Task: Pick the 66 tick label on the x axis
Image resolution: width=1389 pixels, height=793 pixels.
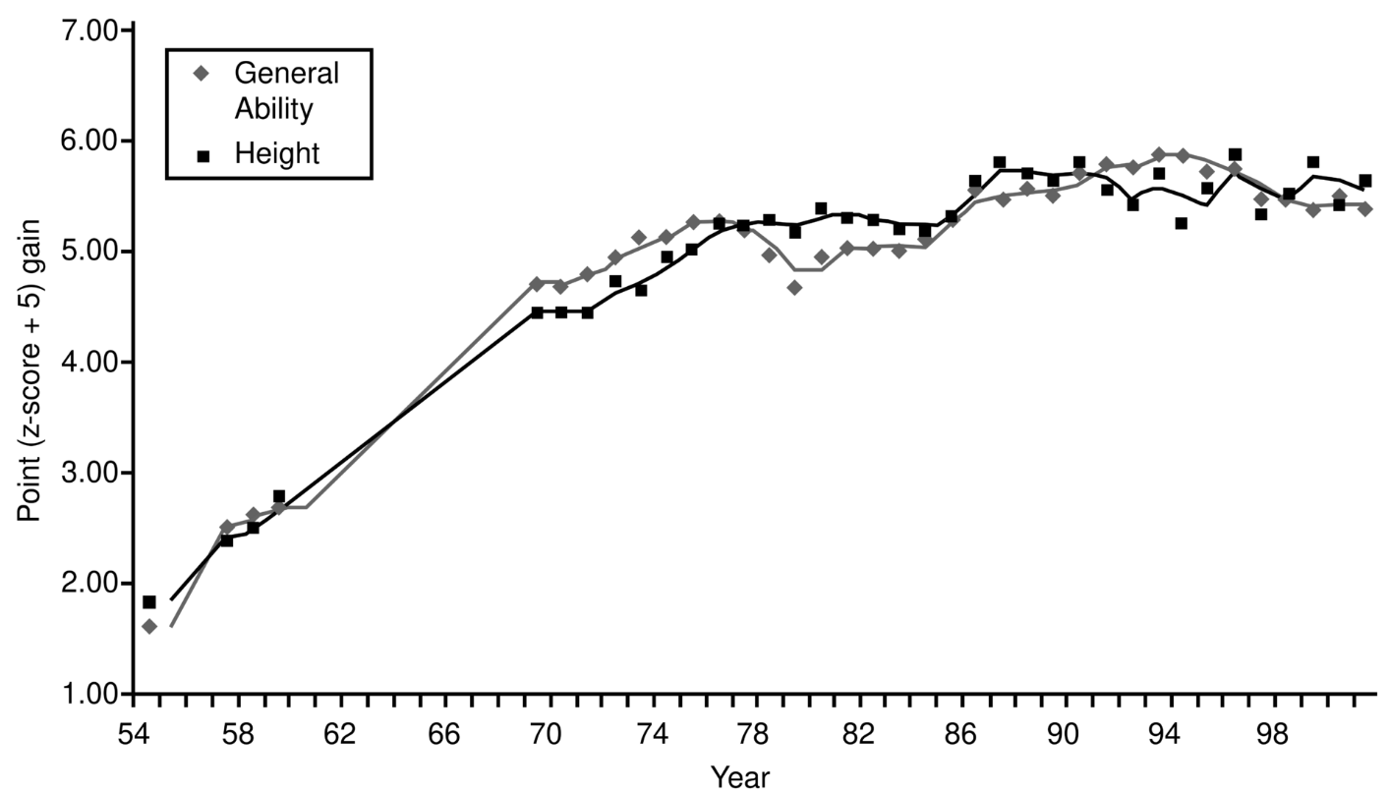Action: (x=443, y=735)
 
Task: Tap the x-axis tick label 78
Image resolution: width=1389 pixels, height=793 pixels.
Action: (x=753, y=735)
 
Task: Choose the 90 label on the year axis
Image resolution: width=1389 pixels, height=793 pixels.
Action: (x=1065, y=735)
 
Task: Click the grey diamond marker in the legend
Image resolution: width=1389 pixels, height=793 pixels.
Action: (x=201, y=73)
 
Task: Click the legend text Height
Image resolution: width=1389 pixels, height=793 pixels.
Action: (x=278, y=153)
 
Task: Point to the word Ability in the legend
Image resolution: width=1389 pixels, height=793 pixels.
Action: (x=273, y=108)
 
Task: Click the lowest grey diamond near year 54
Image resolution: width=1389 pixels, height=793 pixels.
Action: (x=149, y=626)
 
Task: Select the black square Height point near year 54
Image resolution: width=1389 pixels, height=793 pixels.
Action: (x=149, y=601)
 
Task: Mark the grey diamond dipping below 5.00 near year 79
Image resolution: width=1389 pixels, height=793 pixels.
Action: (x=794, y=288)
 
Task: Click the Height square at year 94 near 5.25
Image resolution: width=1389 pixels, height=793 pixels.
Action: (x=1181, y=223)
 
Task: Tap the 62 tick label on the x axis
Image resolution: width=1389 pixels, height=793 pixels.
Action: (x=340, y=735)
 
